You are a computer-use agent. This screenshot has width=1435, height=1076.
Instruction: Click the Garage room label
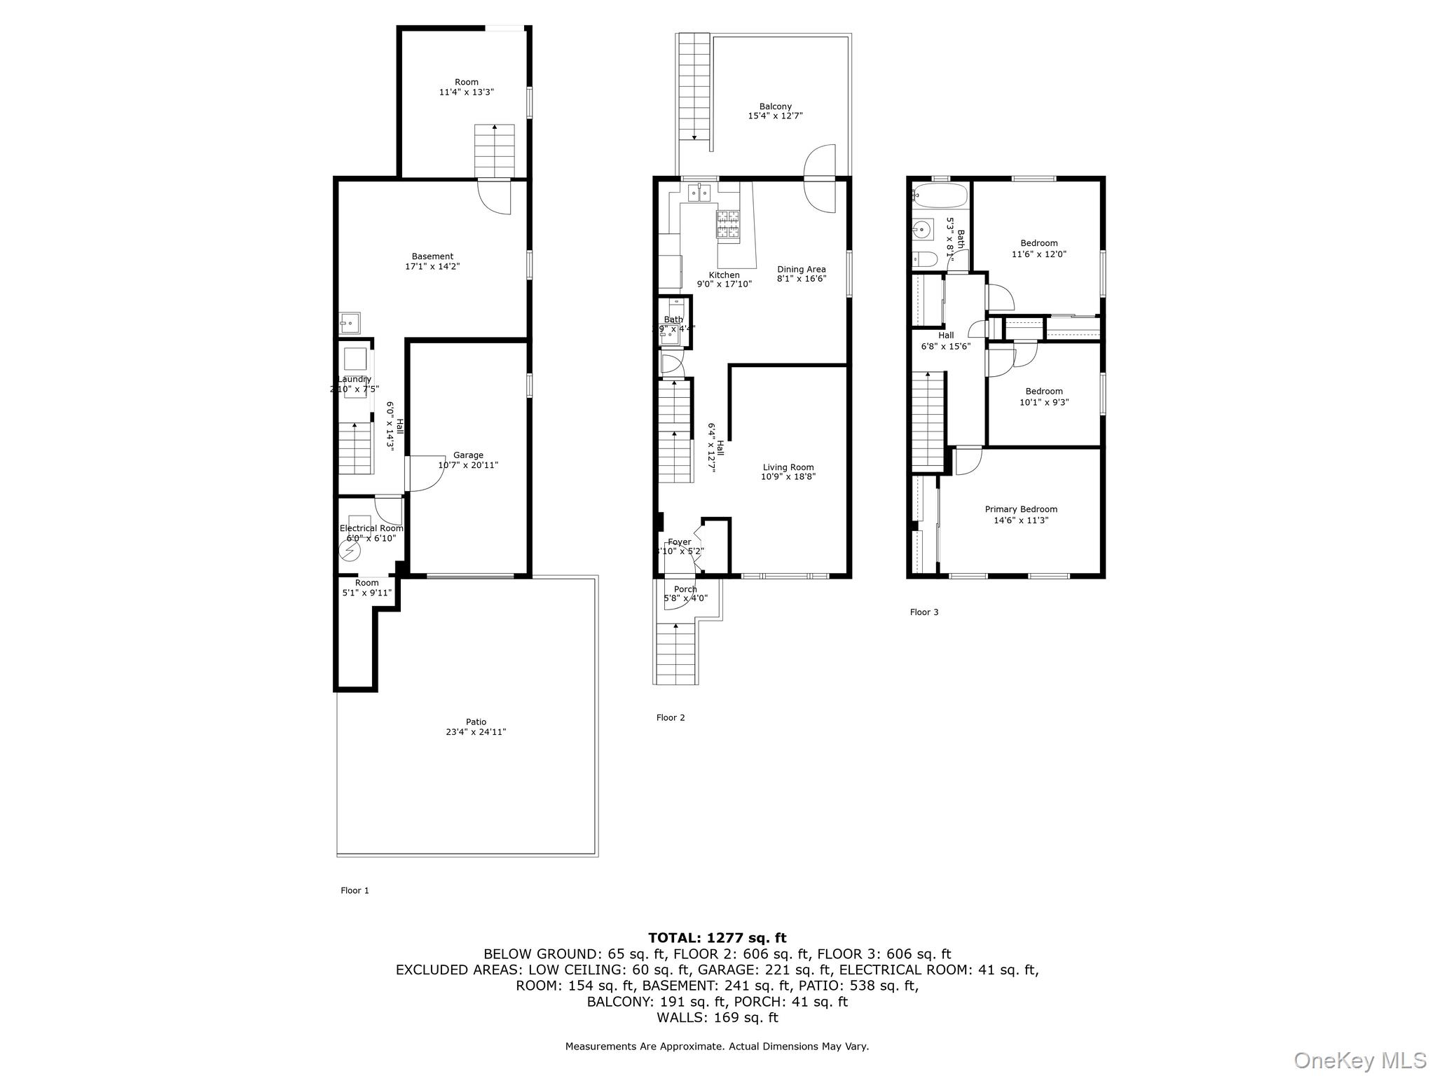[468, 455]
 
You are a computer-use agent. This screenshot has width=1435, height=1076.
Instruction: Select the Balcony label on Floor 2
[775, 106]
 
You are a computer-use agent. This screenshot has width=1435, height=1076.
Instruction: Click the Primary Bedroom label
[1021, 509]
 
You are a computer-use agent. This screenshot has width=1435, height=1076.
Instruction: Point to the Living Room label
[788, 467]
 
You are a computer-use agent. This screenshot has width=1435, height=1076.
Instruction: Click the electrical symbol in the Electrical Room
[349, 552]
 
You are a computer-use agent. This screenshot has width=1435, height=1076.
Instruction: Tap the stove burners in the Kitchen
[728, 226]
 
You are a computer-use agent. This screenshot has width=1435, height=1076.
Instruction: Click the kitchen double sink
[699, 192]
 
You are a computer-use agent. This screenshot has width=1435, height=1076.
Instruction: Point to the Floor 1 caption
[355, 890]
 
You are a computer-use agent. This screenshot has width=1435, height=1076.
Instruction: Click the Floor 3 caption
[924, 612]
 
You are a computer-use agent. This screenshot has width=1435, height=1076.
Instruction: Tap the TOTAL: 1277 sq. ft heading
[717, 938]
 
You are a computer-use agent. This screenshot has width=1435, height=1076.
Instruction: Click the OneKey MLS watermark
[1359, 1060]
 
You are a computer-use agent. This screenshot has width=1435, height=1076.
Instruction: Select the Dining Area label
[802, 269]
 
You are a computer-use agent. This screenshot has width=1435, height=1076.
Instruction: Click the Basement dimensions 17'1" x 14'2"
[432, 266]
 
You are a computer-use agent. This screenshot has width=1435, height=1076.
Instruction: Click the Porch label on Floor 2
[685, 589]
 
